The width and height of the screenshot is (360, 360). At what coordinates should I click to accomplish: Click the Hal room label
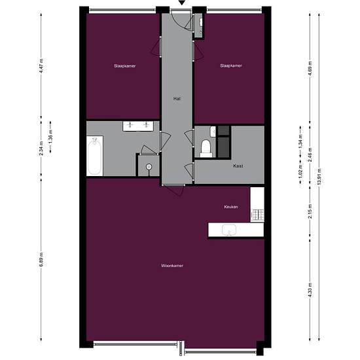tap(177, 98)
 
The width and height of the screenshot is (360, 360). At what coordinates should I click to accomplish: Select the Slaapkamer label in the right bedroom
tap(231, 66)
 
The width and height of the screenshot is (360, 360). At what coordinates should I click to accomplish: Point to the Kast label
tap(238, 166)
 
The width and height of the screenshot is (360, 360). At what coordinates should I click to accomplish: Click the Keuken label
tap(231, 207)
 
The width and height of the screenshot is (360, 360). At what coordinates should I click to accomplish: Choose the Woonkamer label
tap(172, 266)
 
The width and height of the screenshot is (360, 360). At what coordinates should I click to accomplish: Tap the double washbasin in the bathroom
tap(139, 125)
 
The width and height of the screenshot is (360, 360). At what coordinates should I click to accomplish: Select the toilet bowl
tap(206, 147)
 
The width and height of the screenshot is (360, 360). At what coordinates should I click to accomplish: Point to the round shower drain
tap(150, 168)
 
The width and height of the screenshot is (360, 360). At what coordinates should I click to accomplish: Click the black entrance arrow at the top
tap(181, 5)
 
